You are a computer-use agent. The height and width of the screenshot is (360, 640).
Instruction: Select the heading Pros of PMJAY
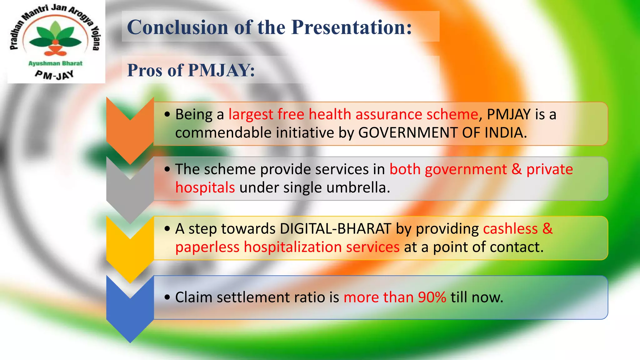pyautogui.click(x=191, y=70)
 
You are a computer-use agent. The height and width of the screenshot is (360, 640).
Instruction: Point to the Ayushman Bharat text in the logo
pyautogui.click(x=55, y=63)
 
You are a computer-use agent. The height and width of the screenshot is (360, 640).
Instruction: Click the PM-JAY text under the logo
pyautogui.click(x=54, y=75)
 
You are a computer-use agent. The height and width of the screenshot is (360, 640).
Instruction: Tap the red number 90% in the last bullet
pyautogui.click(x=432, y=297)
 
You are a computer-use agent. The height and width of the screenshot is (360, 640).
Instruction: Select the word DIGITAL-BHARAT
pyautogui.click(x=335, y=229)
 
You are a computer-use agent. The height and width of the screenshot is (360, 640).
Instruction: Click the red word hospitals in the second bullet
pyautogui.click(x=205, y=188)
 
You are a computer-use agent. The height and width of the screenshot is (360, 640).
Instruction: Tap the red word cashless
pyautogui.click(x=510, y=229)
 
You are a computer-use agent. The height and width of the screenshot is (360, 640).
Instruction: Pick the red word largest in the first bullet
pyautogui.click(x=251, y=114)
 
